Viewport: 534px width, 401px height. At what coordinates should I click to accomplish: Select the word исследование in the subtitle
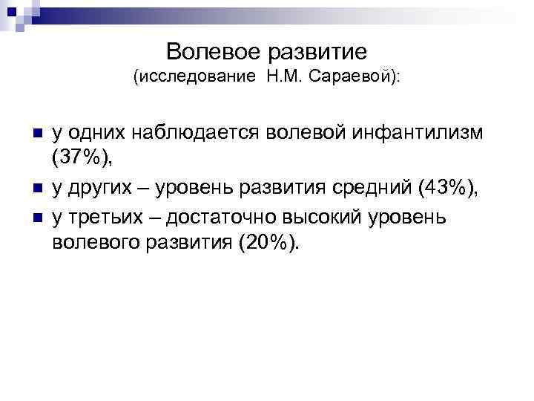[x=196, y=77]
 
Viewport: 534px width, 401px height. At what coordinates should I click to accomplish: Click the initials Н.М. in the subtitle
[x=278, y=77]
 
